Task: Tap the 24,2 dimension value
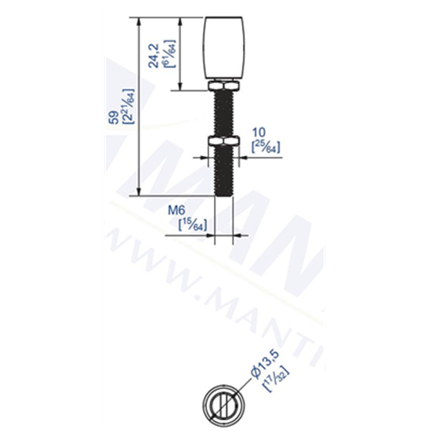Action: click(x=154, y=55)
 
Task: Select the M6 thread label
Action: click(x=177, y=211)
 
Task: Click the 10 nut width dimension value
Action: click(x=259, y=133)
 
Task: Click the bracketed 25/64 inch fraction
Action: click(x=267, y=147)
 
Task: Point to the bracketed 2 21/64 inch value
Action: click(x=129, y=106)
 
